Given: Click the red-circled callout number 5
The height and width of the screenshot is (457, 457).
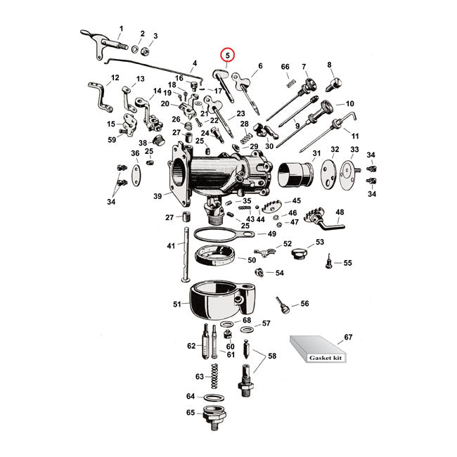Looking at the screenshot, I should tap(227, 55).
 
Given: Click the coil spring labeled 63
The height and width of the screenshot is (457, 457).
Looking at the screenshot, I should tap(217, 376).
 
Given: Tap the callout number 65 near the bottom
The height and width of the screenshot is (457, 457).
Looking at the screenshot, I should tap(191, 413).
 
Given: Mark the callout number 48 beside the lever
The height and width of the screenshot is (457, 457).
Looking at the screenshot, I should tap(340, 212).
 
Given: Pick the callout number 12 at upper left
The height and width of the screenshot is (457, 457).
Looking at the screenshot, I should tap(115, 78).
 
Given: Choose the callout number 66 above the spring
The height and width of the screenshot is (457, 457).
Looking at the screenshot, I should tap(285, 67).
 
